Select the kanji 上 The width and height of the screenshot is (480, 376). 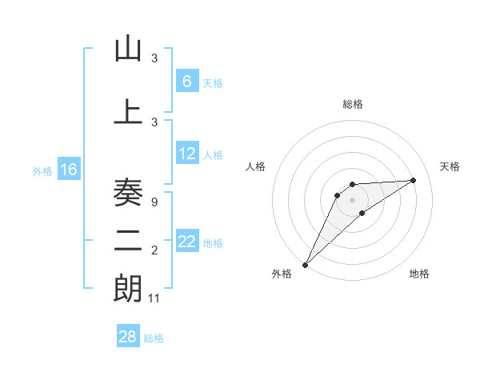(128, 111)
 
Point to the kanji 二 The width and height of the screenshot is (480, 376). (128, 241)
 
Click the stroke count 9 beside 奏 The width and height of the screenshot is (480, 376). (154, 202)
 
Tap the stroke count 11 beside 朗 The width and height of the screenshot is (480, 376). (155, 298)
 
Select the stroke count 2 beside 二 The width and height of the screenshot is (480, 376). (154, 250)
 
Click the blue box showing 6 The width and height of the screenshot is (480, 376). (186, 82)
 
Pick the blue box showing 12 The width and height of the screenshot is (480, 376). (187, 154)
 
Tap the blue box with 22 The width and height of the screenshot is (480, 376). (187, 242)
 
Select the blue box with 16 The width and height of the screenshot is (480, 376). (68, 170)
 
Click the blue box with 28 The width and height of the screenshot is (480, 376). (127, 337)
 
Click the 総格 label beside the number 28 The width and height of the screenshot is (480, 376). (154, 338)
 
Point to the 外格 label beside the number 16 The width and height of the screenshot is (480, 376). (42, 171)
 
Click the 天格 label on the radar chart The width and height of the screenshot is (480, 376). (450, 166)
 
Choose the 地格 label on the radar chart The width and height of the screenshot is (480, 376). (419, 274)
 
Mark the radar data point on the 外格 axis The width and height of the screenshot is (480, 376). (306, 264)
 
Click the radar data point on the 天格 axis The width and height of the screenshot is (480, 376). (414, 180)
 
